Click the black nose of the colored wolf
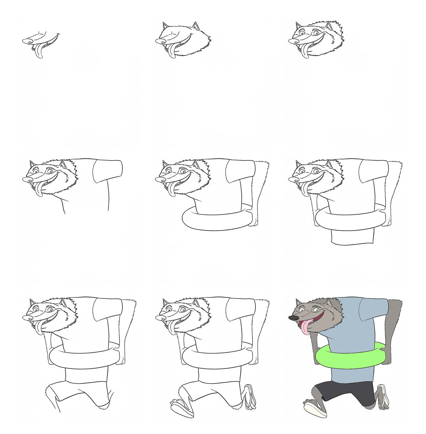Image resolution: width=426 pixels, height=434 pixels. coord(293,318)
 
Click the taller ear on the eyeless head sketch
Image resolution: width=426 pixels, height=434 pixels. coord(195,26)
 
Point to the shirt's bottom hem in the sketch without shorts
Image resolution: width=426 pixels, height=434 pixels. coord(351,244)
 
